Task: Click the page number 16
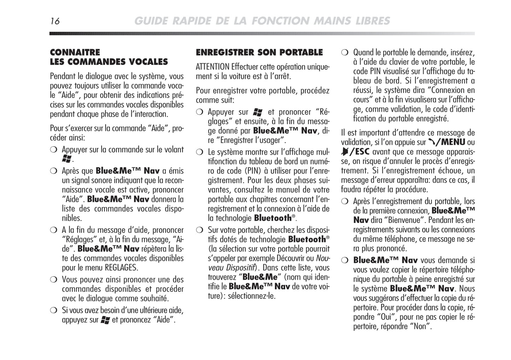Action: (55, 21)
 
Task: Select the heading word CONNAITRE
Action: (75, 53)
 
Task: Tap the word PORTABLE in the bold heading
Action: (301, 53)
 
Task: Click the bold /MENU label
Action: (452, 142)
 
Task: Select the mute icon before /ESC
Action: (344, 152)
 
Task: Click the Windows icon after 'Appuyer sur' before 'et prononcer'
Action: (258, 112)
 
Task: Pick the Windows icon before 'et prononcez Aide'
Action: (105, 320)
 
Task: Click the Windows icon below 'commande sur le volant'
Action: (66, 159)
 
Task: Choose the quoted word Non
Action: (420, 326)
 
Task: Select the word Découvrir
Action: (290, 258)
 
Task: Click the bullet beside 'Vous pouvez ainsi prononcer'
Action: (53, 280)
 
